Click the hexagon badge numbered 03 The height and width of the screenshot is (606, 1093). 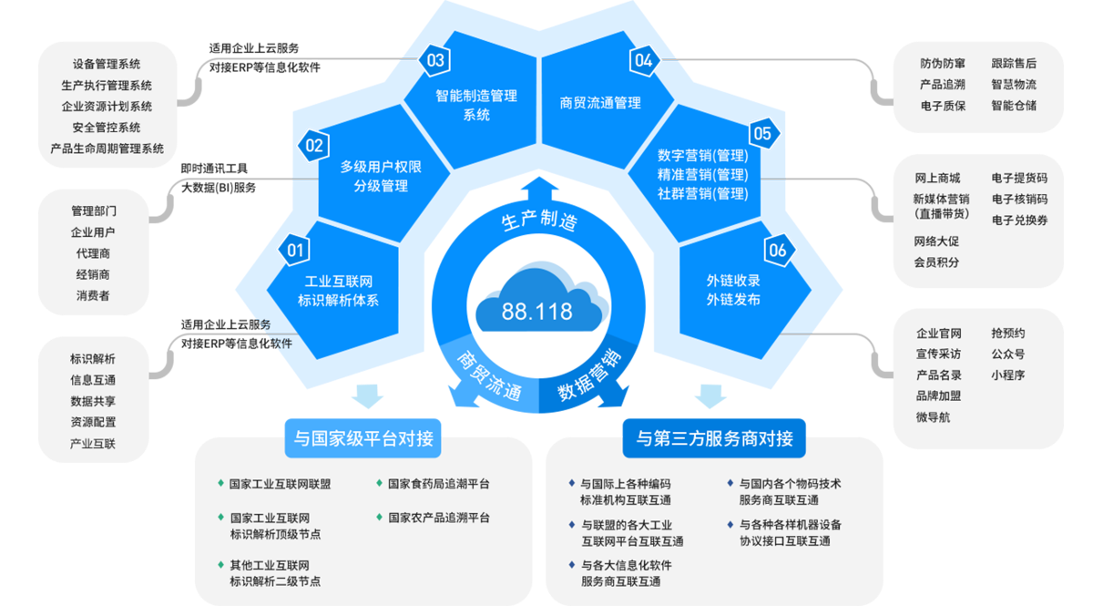[435, 61]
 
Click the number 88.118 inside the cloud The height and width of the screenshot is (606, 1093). [536, 311]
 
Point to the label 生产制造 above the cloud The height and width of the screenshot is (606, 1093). [540, 221]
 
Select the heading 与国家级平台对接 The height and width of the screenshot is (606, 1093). [363, 439]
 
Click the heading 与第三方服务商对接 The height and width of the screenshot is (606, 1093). [714, 439]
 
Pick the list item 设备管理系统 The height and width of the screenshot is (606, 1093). [107, 65]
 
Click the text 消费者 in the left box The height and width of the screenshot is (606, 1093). [93, 295]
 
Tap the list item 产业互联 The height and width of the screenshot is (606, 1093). [93, 443]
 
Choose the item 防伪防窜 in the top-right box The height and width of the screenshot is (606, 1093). [942, 64]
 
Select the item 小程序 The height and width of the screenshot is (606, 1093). [1007, 375]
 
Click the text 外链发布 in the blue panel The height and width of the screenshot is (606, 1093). [733, 300]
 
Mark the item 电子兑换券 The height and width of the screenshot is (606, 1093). [1019, 221]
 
